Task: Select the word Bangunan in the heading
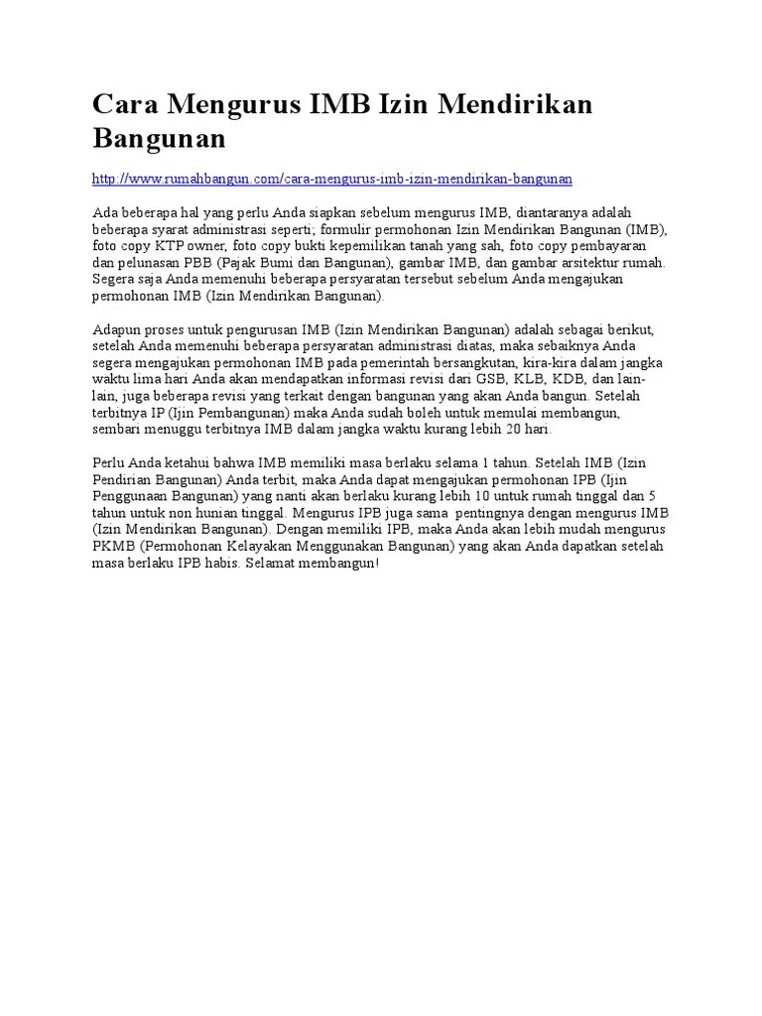coord(159,138)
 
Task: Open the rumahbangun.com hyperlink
coord(331,179)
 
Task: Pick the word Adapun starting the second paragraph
coord(119,328)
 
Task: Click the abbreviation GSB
coord(490,379)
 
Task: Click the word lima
coord(149,379)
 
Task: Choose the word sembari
coord(116,430)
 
